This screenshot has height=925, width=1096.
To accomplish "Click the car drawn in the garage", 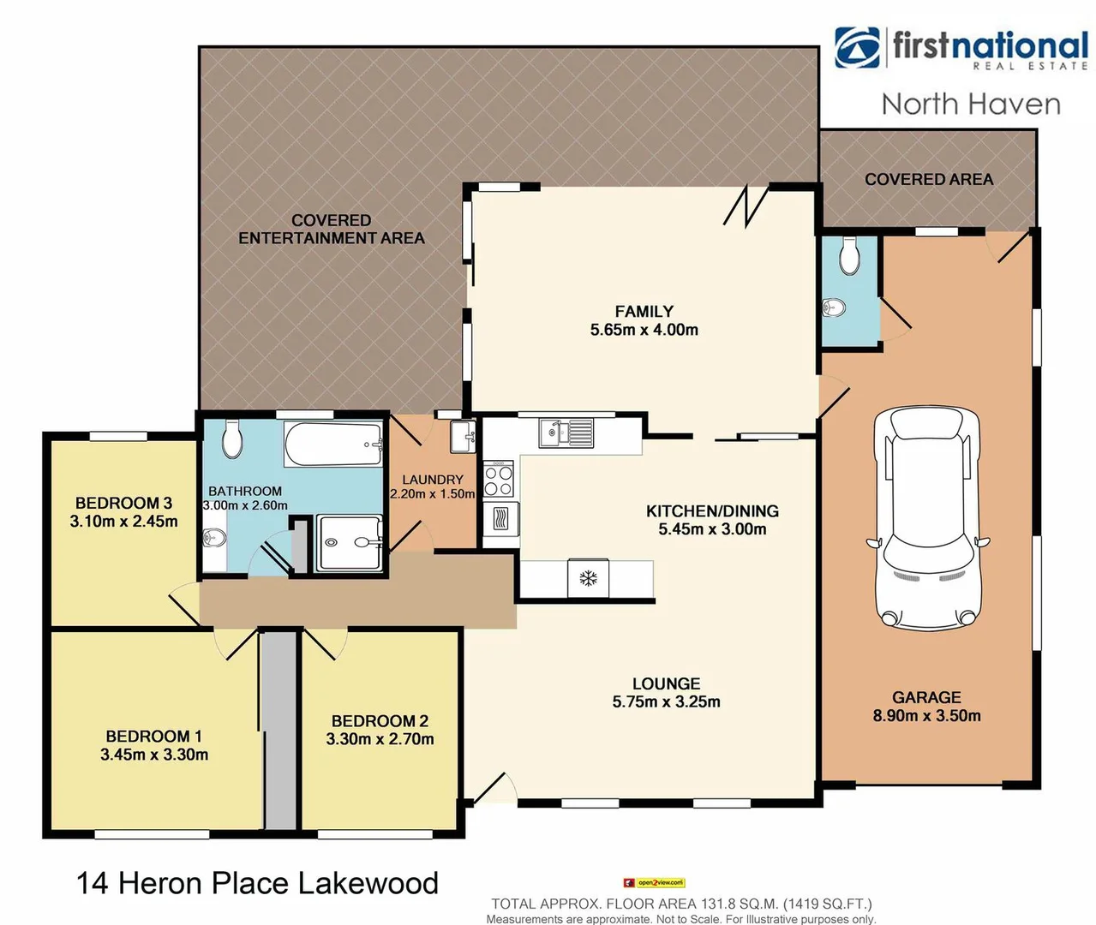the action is pos(927,516).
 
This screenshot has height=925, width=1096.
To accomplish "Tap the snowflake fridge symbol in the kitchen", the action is pos(588,579).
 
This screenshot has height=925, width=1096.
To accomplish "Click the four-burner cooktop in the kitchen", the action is pos(498,479).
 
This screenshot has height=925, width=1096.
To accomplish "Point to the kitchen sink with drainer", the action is pos(566,433).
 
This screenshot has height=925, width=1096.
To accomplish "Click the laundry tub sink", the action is pos(463,437).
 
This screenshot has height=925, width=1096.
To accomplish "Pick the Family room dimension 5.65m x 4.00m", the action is pos(644,330).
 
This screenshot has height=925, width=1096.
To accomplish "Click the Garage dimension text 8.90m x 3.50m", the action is pos(926,716).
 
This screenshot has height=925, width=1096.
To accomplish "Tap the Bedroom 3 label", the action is pos(124,503).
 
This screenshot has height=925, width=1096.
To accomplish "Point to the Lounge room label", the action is pos(666,683).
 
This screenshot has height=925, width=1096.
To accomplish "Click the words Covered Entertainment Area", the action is pos(332,230).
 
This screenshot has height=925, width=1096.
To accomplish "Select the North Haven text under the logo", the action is pos(971,104).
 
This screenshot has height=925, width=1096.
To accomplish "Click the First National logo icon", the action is pos(857,48).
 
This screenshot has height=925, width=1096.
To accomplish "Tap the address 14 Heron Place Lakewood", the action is pos(257,883).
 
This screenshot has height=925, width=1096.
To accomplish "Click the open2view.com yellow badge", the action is pos(655,883).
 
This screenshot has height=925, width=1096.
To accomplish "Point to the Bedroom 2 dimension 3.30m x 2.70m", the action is pos(380,739).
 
